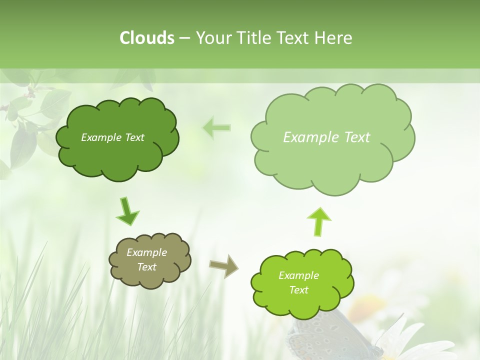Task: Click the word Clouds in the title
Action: coord(146,37)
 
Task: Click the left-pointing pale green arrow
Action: coord(216,127)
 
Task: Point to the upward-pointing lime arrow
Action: coord(319,221)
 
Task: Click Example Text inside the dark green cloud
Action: coord(112,137)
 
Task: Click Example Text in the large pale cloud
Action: coord(326,137)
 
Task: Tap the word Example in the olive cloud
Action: coord(146,252)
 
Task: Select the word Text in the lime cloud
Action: coord(298,290)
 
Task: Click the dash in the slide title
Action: coord(184,38)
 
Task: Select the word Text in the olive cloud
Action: coord(146,267)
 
